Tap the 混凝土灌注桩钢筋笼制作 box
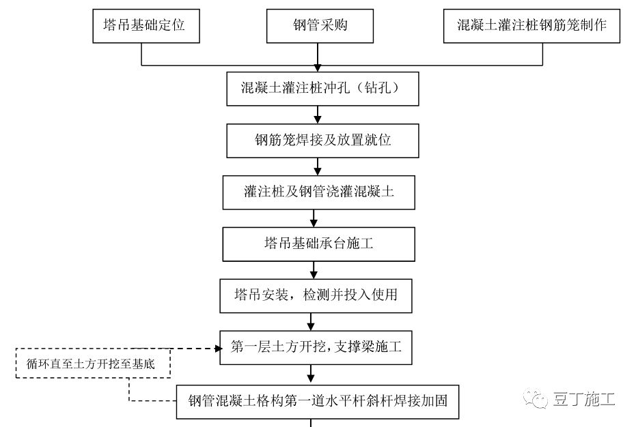coord(532,26)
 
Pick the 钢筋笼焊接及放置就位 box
coord(318,141)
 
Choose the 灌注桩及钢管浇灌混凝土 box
coord(318,192)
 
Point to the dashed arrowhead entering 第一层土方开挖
coord(218,349)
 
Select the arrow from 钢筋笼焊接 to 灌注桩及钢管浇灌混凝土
coord(317,166)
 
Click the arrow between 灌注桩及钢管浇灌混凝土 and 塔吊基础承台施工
coord(314,218)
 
